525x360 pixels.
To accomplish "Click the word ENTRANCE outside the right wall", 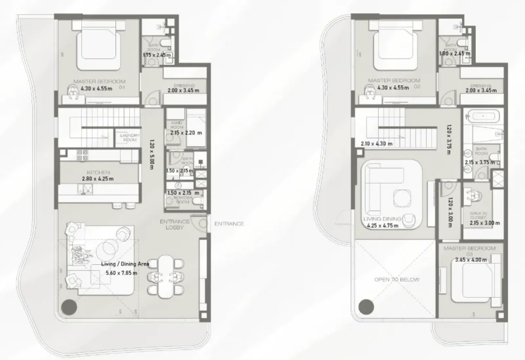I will [229, 224].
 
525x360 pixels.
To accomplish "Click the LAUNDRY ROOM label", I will [127, 138].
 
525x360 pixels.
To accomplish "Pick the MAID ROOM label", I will [176, 124].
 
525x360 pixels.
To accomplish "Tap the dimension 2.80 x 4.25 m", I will [98, 178].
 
